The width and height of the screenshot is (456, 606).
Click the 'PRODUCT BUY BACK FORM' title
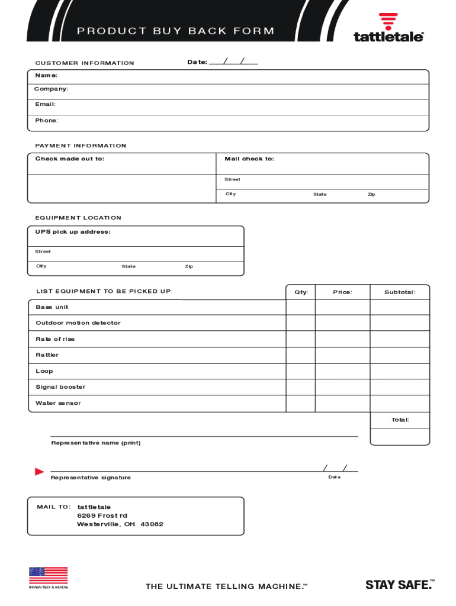175,31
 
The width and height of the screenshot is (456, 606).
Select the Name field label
46,75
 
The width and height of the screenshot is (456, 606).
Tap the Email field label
45,104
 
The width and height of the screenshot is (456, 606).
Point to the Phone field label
47,120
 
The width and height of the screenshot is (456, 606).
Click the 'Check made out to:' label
70,159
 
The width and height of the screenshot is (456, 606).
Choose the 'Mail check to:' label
249,159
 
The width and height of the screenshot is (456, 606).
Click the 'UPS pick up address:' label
73,232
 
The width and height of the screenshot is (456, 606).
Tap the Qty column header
301,292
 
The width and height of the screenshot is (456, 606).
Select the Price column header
342,292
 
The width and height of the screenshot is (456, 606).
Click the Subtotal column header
400,292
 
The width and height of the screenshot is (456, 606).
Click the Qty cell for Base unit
301,307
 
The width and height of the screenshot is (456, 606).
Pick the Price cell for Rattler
342,355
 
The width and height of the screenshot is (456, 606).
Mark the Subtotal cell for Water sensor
400,403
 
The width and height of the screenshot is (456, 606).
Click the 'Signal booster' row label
60,387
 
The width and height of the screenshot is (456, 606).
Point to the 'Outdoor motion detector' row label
78,323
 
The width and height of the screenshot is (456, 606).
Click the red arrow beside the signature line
40,472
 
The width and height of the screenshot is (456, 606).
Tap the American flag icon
49,576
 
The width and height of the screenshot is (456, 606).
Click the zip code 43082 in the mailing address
152,524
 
